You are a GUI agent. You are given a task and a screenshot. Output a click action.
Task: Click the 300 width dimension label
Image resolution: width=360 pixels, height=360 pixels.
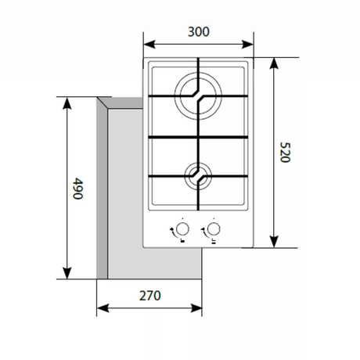pos(200,32)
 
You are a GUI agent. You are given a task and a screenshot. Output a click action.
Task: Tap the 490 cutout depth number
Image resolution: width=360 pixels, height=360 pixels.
pos(77,189)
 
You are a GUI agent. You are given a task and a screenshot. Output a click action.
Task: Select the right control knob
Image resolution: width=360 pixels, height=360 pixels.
pos(217,229)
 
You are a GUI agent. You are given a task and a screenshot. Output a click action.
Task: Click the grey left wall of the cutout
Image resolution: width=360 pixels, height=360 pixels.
pos(101,188)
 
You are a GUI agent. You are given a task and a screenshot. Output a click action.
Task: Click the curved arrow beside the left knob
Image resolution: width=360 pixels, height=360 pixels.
pos(170,229)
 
